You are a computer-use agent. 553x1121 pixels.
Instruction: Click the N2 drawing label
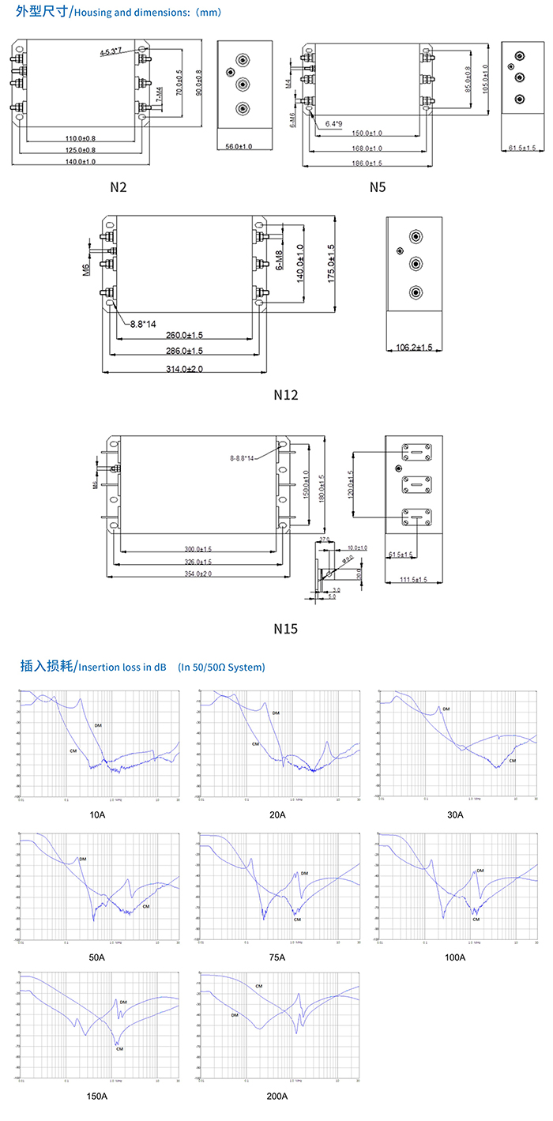[x=118, y=187]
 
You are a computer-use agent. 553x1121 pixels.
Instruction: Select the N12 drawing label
[x=285, y=394]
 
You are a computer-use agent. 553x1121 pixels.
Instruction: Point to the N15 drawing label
[x=285, y=629]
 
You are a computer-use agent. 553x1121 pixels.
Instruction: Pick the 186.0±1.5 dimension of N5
[x=367, y=163]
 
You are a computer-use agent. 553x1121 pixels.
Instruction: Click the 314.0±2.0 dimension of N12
[x=185, y=369]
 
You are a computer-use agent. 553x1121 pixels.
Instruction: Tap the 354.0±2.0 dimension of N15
[x=198, y=574]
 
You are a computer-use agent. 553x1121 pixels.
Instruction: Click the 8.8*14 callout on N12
[x=144, y=324]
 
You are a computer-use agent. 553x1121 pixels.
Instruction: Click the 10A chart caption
[x=96, y=814]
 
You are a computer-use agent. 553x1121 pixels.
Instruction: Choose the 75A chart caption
[x=276, y=957]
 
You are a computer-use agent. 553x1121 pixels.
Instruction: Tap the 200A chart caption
[x=276, y=1096]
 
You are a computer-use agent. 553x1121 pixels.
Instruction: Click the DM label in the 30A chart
[x=446, y=709]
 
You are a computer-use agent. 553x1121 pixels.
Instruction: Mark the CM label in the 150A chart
[x=119, y=1048]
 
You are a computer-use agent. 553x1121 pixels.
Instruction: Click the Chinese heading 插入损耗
[x=47, y=666]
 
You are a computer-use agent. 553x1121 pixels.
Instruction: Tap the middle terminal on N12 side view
[x=415, y=264]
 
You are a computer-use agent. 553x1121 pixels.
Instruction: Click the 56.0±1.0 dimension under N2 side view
[x=239, y=147]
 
